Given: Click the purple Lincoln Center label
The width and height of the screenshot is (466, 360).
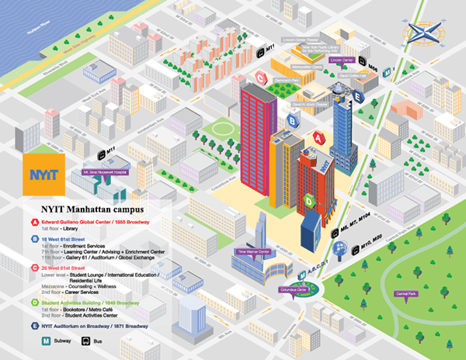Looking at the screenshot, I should click(342, 59).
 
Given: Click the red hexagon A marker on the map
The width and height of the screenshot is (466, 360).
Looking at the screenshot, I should click(318, 137).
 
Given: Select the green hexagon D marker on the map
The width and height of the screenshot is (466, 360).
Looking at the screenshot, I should click(309, 201).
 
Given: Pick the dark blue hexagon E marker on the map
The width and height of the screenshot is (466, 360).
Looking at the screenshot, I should click(357, 95).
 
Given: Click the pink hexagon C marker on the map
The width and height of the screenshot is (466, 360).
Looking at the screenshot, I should click(262, 77).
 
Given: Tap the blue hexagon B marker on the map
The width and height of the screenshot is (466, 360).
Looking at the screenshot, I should click(293, 119).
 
